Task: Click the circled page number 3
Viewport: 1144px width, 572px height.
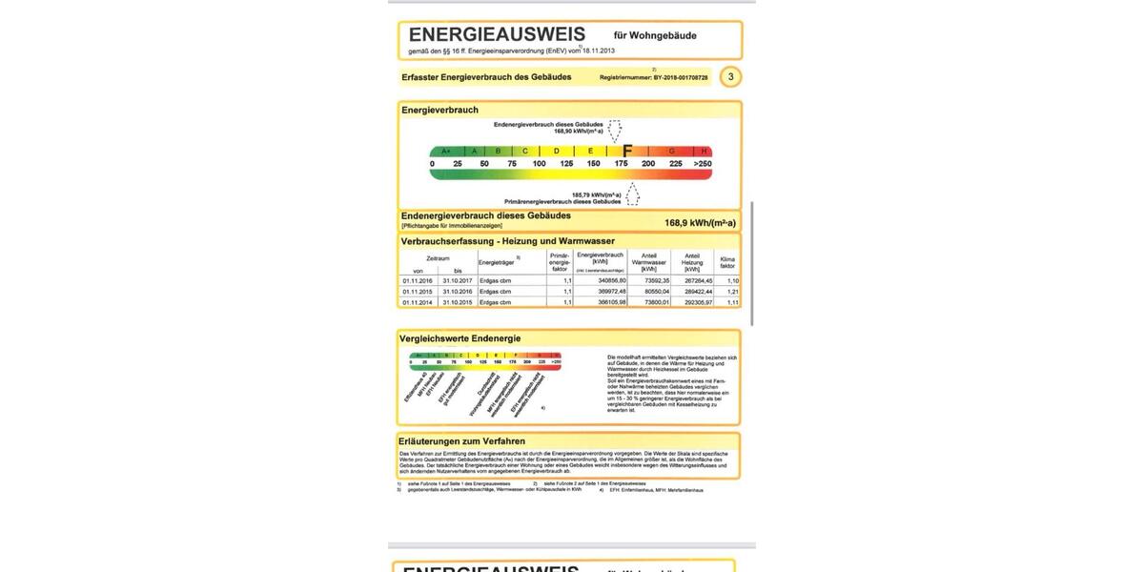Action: click(730, 76)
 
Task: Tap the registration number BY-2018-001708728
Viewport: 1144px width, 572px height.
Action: click(681, 77)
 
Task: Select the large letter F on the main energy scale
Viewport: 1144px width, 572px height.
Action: click(626, 151)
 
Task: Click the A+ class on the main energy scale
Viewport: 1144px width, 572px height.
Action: click(445, 151)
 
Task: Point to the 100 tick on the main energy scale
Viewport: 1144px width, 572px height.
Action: click(539, 164)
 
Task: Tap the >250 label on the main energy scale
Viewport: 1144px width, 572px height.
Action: click(703, 164)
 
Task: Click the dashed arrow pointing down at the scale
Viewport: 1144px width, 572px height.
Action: click(615, 131)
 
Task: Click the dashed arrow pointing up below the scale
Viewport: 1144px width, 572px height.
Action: click(632, 194)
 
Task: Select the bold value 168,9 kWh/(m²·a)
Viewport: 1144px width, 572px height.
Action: click(700, 223)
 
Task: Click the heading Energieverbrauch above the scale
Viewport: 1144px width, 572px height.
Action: click(439, 111)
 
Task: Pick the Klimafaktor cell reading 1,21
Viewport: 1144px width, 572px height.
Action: click(732, 292)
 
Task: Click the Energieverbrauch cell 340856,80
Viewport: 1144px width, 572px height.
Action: click(606, 281)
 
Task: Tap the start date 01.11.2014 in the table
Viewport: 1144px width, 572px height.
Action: click(418, 302)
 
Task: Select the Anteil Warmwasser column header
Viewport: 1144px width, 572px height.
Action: click(649, 262)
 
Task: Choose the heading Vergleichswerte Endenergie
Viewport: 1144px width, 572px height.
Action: click(460, 338)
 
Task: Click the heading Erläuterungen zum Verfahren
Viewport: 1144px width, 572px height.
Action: click(462, 441)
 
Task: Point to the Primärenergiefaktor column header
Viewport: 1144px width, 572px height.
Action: click(560, 262)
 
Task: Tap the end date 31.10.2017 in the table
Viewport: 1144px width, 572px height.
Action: click(457, 281)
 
